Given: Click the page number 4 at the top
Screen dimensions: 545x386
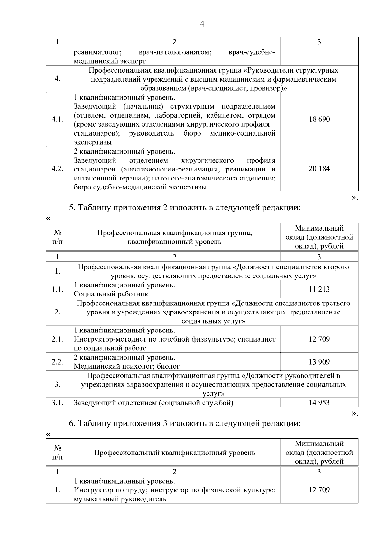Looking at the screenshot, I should pyautogui.click(x=202, y=24).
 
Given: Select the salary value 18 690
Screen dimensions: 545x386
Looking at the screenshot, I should pyautogui.click(x=319, y=119).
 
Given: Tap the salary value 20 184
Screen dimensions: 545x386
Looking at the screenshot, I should pyautogui.click(x=319, y=169).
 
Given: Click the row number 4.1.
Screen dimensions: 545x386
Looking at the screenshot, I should pyautogui.click(x=57, y=119).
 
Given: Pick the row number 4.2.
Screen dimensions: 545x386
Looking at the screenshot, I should pyautogui.click(x=57, y=169).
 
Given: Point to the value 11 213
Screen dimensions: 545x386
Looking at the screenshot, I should pyautogui.click(x=319, y=289).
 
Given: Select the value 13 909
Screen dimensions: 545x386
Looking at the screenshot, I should pyautogui.click(x=319, y=362).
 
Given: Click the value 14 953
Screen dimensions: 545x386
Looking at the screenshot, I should pyautogui.click(x=319, y=403).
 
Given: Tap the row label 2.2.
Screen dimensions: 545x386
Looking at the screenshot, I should pyautogui.click(x=57, y=362).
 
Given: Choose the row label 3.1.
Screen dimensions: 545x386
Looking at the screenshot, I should pyautogui.click(x=57, y=403).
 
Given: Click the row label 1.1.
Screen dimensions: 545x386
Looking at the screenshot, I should pyautogui.click(x=57, y=289).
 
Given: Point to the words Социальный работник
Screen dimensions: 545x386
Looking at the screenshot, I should pyautogui.click(x=111, y=294).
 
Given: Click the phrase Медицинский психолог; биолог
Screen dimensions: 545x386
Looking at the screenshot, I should pyautogui.click(x=127, y=366).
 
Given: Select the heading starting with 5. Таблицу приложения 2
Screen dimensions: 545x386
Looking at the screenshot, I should pyautogui.click(x=185, y=208).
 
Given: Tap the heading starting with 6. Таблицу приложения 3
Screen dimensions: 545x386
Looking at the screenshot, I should pyautogui.click(x=185, y=424).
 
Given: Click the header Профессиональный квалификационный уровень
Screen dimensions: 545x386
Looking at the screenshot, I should pyautogui.click(x=174, y=453).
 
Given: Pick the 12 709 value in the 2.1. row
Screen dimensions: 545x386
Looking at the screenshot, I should pyautogui.click(x=319, y=339).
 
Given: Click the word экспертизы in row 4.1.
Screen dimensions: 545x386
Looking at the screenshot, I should pyautogui.click(x=93, y=142).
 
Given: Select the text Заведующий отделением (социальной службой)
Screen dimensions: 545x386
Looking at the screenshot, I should pyautogui.click(x=153, y=403).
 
